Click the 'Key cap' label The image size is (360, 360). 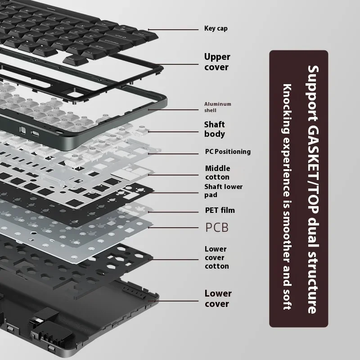216,28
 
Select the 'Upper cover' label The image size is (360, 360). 217,62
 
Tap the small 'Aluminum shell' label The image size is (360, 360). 218,107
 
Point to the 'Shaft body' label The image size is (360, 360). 215,129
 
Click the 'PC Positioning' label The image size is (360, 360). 228,152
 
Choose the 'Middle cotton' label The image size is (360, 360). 217,173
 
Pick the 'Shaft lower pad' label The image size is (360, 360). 223,191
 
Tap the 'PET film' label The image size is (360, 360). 220,210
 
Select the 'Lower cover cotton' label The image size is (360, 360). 216,257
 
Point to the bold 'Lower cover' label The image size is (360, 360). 218,298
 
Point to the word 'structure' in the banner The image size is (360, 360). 313,284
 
